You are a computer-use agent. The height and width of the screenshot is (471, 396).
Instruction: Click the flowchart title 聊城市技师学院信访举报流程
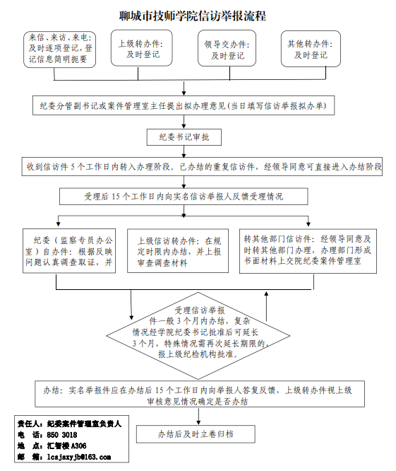tap(193, 16)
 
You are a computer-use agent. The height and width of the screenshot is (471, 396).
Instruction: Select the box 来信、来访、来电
tap(60, 50)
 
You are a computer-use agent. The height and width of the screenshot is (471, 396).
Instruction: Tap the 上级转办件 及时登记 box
tap(141, 48)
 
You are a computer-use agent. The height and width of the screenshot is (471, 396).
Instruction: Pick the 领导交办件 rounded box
tap(227, 48)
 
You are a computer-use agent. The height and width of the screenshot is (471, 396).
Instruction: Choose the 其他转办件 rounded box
tap(311, 49)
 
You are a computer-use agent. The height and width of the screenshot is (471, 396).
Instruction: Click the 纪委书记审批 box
tap(184, 137)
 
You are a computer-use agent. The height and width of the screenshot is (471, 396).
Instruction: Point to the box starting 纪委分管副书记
tap(184, 105)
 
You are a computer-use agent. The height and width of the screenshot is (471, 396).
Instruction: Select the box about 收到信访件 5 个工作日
tap(202, 166)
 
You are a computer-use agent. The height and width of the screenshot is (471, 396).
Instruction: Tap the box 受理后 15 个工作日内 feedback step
tap(184, 197)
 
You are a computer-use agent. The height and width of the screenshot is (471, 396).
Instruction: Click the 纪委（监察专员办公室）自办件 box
tap(69, 251)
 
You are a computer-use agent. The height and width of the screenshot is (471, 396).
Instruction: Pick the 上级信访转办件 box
tap(178, 251)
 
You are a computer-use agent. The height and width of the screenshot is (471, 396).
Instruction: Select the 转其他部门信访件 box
tap(308, 251)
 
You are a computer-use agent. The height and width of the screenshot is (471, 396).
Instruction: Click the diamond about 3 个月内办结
tap(198, 335)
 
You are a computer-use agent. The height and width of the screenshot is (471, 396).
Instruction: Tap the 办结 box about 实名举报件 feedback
tap(200, 394)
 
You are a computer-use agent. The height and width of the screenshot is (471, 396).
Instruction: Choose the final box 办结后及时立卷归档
tap(196, 434)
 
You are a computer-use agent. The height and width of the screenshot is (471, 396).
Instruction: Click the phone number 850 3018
tap(62, 435)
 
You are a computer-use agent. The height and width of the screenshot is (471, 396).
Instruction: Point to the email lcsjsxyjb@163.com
tap(79, 457)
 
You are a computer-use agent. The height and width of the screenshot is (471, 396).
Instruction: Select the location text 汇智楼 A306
tap(66, 446)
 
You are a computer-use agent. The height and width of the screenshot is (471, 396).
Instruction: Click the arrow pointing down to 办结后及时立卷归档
tap(198, 416)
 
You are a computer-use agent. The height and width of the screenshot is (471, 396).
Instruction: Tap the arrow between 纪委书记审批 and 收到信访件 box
tap(184, 151)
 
